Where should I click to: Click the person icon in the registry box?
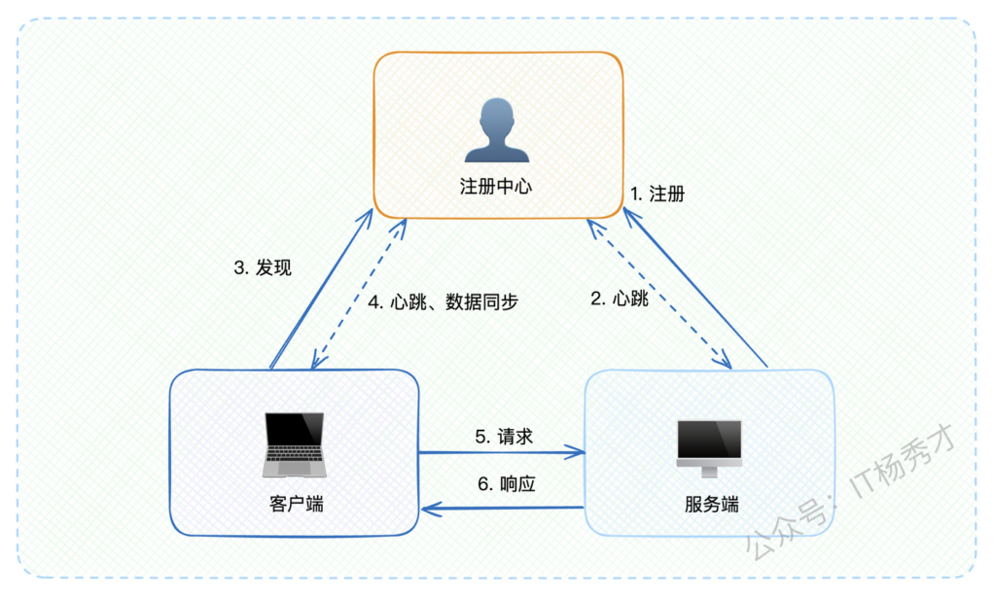[x=497, y=130]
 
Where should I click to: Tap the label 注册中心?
[x=496, y=187]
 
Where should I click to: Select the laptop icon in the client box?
[x=294, y=444]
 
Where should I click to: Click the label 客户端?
[x=296, y=504]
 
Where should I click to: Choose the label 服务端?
[x=711, y=504]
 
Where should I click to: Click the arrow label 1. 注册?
[x=658, y=194]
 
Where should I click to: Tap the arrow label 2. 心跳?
[x=620, y=299]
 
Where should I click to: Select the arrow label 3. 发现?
[x=263, y=268]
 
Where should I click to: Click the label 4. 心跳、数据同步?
[x=444, y=302]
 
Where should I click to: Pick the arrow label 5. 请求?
[x=504, y=437]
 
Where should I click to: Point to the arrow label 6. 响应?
[x=506, y=484]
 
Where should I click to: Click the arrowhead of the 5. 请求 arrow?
[x=576, y=453]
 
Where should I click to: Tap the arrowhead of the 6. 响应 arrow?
[x=431, y=509]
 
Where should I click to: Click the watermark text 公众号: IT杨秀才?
[x=851, y=493]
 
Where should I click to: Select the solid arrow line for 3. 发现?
[x=321, y=289]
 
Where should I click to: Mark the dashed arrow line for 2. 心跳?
[x=658, y=294]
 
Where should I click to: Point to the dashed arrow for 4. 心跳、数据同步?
[x=358, y=294]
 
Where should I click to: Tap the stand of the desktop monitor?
[x=709, y=471]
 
